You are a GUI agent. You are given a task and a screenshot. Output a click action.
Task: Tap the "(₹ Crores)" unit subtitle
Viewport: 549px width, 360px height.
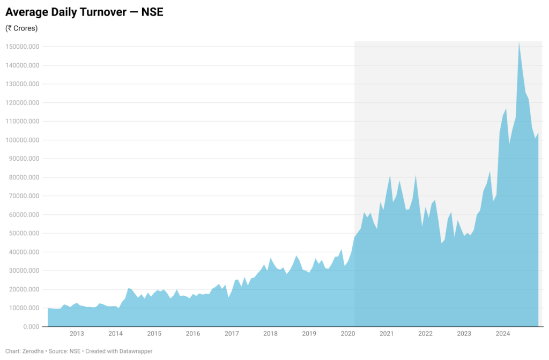21,28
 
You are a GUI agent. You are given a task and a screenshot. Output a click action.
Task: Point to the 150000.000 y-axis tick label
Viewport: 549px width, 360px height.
23,47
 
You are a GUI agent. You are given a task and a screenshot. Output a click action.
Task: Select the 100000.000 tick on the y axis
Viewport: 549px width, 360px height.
23,140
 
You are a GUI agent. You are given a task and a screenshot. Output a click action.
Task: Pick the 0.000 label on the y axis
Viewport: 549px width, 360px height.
32,326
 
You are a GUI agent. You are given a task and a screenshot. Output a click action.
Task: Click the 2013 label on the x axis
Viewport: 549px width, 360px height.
77,334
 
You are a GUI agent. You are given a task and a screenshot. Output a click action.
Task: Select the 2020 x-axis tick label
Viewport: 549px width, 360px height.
348,334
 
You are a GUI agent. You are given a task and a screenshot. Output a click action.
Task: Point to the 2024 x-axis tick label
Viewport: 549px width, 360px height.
503,334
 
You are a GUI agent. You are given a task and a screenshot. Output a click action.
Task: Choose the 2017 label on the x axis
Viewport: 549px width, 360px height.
232,334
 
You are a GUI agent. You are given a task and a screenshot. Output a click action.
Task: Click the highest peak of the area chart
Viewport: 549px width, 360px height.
519,42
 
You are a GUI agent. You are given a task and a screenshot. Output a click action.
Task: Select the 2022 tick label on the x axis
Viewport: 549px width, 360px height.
425,334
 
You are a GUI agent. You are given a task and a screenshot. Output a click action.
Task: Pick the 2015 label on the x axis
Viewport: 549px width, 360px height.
154,334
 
